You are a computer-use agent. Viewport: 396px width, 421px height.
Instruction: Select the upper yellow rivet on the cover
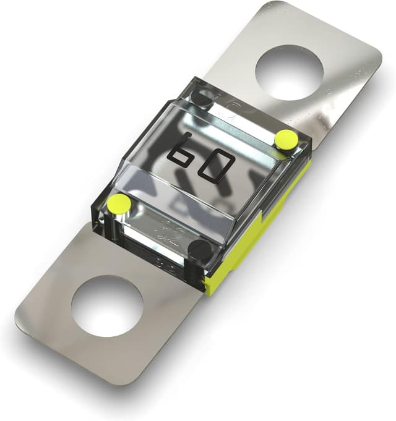click(x=285, y=140)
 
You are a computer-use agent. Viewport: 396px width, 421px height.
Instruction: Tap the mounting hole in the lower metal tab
click(x=107, y=305)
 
